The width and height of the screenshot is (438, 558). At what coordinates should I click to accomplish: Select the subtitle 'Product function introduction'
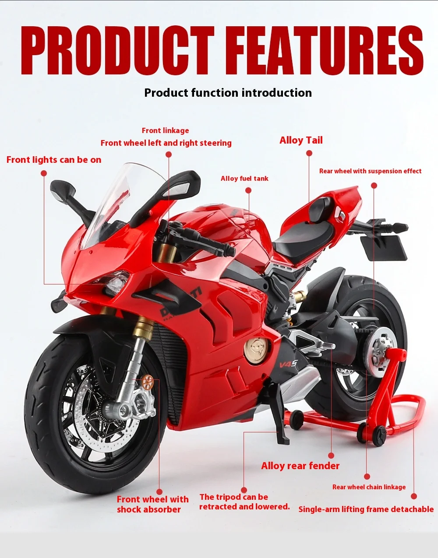pos(228,93)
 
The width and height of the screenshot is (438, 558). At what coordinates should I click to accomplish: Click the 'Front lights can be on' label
pos(54,160)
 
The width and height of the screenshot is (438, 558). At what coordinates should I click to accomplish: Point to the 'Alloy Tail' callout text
pos(301,140)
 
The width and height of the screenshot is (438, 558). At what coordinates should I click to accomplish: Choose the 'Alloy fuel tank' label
pos(244,179)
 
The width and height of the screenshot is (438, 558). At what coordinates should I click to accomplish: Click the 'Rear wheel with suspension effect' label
pos(370,171)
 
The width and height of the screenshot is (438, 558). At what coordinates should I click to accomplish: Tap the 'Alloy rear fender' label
pos(300,466)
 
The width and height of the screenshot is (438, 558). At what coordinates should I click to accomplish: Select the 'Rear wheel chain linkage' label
pos(369,487)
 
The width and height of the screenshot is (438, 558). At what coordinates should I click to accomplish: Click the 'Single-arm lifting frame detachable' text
pos(366,509)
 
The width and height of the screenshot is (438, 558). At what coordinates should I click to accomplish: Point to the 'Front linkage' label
pos(166,130)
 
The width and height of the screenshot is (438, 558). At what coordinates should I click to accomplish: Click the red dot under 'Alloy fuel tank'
pos(248,190)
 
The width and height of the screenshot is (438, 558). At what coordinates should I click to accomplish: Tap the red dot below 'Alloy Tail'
pos(309,153)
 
